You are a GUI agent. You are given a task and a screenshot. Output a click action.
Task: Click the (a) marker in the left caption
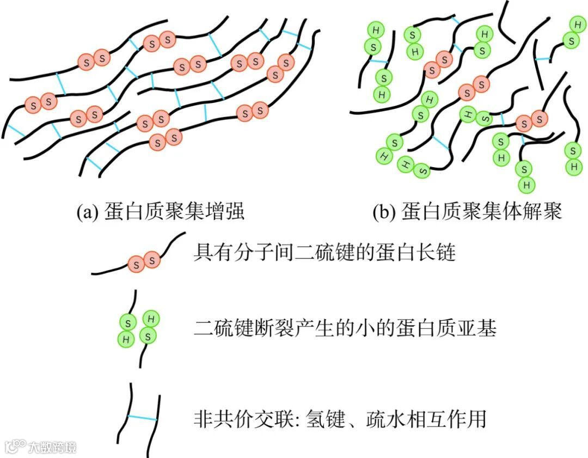pos(87,211)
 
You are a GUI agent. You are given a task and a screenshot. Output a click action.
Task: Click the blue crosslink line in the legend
pos(142,418)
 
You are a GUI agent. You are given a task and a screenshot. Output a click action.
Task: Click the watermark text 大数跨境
pos(53,448)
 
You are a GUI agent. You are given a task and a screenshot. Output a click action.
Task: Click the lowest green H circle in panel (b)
pos(526,185)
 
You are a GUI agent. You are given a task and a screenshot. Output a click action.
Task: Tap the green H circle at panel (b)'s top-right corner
pos(577,25)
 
